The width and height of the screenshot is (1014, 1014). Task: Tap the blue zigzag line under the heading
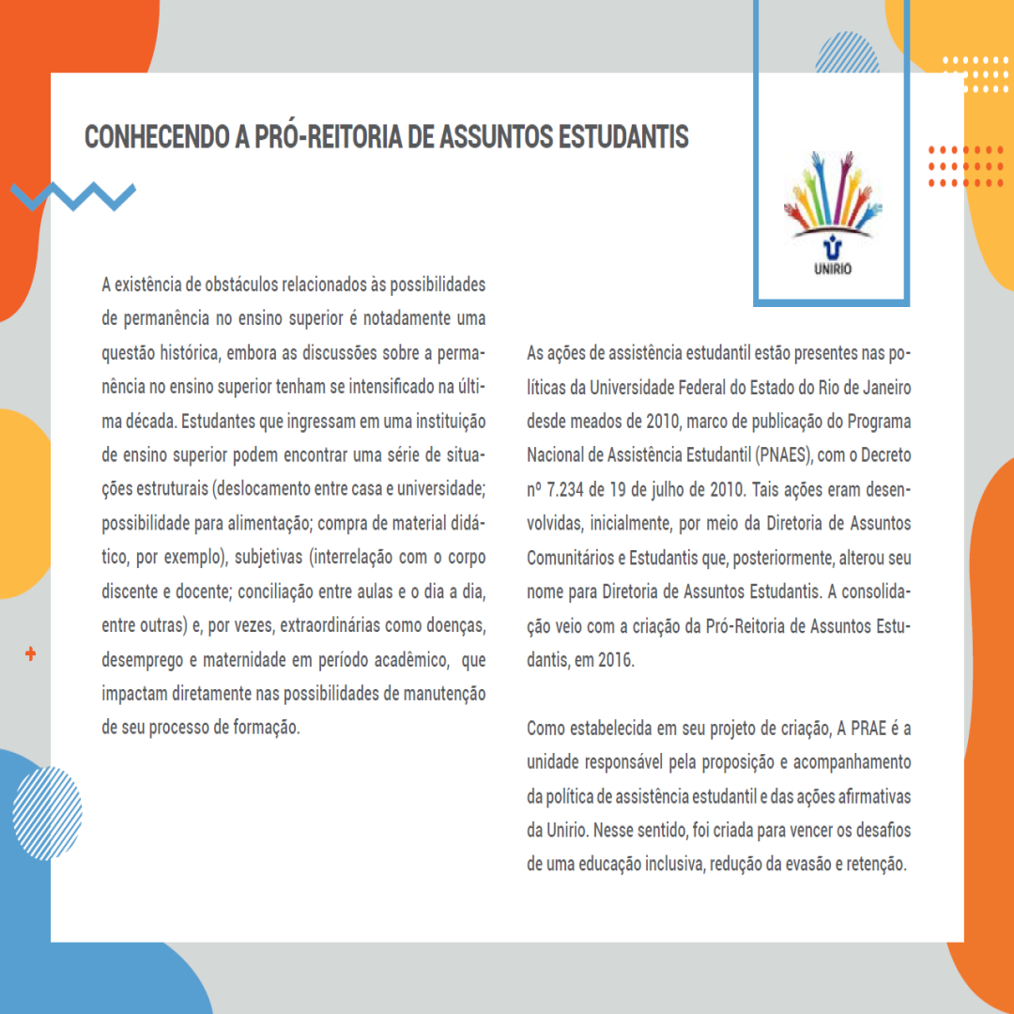[73, 195]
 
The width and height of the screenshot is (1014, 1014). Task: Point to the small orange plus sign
[31, 653]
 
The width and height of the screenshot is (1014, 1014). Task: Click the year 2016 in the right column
[616, 659]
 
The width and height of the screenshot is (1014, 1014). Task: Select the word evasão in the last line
[806, 864]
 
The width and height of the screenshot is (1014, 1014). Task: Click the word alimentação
[253, 524]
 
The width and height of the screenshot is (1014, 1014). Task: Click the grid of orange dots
[965, 166]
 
